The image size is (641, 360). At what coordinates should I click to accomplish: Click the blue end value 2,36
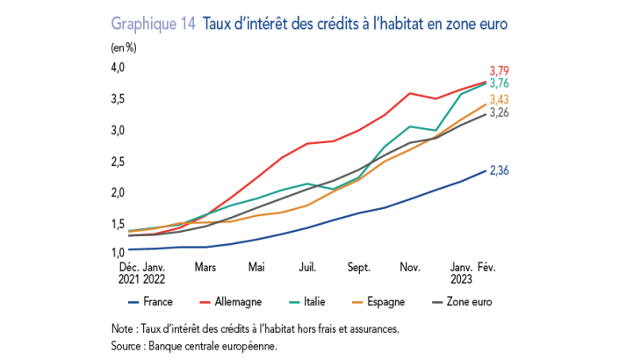(500, 169)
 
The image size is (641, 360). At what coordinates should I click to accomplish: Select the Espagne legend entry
(386, 302)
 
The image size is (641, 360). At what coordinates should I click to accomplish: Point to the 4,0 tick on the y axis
(118, 68)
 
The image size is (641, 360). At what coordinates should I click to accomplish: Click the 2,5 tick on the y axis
(118, 162)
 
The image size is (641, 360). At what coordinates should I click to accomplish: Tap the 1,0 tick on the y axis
(118, 254)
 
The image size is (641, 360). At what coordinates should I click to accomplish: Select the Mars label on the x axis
(205, 267)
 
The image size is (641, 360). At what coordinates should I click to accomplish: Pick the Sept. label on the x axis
(358, 267)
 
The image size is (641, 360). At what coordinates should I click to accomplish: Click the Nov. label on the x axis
(410, 267)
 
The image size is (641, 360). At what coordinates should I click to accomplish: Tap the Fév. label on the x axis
(486, 267)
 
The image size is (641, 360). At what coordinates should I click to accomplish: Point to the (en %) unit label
(124, 48)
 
